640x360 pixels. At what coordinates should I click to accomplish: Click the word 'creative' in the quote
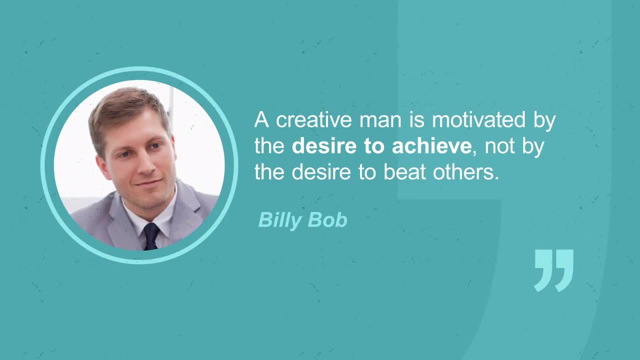click(313, 120)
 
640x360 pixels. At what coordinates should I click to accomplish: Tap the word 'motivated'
click(478, 120)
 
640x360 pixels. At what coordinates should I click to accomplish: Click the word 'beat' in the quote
click(404, 172)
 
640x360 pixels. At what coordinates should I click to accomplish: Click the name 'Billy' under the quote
click(280, 220)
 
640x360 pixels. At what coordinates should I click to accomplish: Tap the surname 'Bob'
click(327, 220)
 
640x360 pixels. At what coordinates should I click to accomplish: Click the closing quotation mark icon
click(553, 270)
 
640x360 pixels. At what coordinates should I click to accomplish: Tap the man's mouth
click(148, 182)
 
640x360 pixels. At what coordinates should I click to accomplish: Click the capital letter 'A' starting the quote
click(261, 119)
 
